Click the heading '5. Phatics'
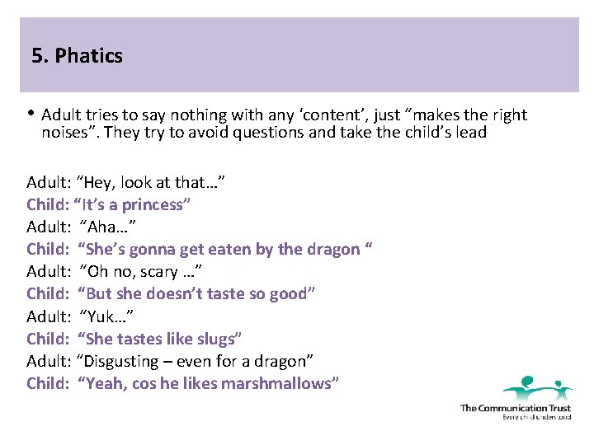click(77, 56)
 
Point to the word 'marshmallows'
click(283, 383)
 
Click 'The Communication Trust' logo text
click(515, 407)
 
